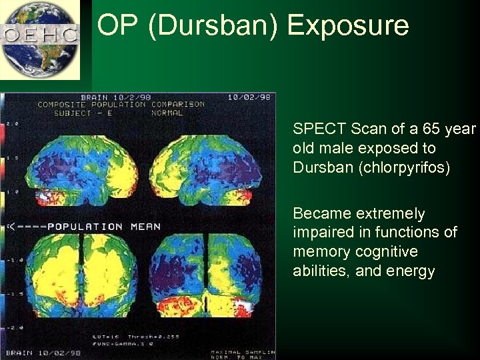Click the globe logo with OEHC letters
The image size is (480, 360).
pyautogui.click(x=40, y=39)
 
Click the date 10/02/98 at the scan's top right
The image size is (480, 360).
pyautogui.click(x=249, y=97)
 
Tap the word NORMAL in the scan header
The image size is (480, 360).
pyautogui.click(x=167, y=113)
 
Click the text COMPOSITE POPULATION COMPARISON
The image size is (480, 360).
pyautogui.click(x=121, y=105)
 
